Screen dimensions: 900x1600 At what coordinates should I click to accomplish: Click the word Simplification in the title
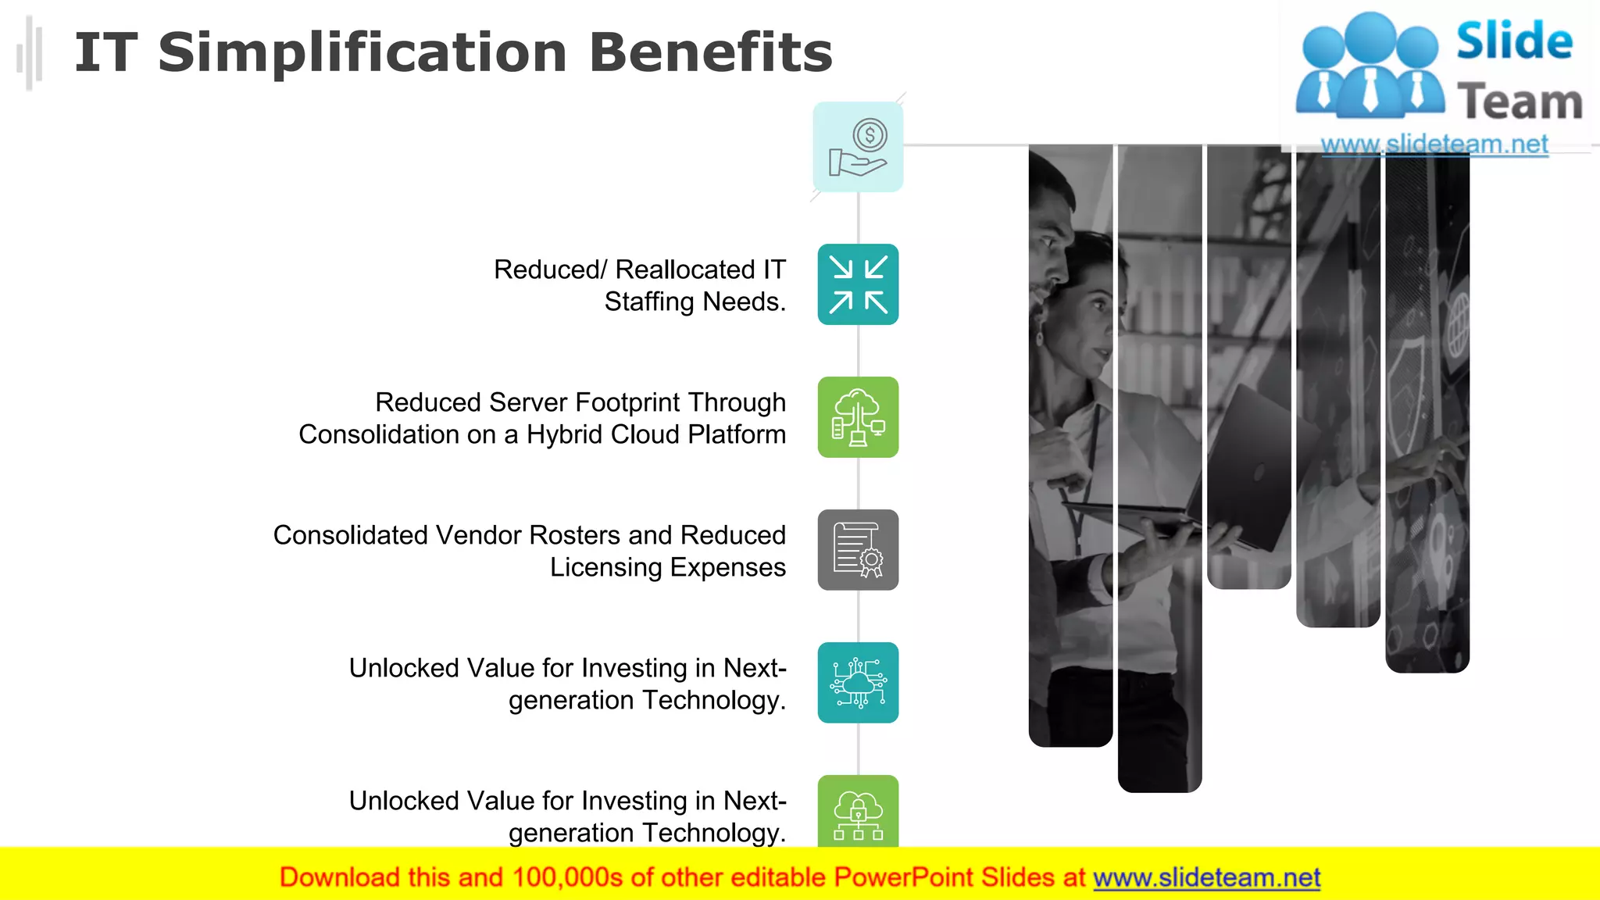[x=362, y=53]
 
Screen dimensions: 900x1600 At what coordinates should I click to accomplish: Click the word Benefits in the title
[x=710, y=53]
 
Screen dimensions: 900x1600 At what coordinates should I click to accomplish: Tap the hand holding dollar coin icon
[x=858, y=147]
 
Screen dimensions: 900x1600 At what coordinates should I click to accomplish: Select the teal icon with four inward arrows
[x=858, y=284]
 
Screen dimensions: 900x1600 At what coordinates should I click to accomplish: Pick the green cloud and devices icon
[x=858, y=417]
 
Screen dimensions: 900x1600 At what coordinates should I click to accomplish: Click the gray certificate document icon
[x=858, y=550]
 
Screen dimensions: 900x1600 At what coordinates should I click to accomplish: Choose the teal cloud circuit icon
[x=858, y=683]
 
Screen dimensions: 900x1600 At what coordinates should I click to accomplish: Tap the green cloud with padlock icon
[x=858, y=812]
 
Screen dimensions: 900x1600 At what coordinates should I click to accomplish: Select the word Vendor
[x=478, y=535]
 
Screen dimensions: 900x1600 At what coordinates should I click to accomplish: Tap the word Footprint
[x=627, y=402]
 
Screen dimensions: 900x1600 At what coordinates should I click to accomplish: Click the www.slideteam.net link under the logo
[x=1434, y=145]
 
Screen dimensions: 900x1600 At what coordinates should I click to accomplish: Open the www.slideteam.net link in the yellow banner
[x=1206, y=877]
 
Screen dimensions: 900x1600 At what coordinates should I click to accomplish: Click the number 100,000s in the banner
[x=567, y=877]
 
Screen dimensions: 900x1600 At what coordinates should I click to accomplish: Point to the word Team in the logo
[x=1519, y=102]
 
